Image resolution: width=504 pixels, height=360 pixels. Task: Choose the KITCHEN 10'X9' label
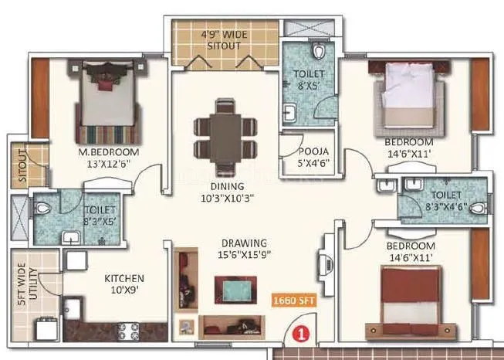pyautogui.click(x=125, y=284)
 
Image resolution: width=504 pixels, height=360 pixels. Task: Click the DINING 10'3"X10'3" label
pyautogui.click(x=225, y=192)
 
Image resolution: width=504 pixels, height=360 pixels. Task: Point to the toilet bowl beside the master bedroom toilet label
pyautogui.click(x=45, y=207)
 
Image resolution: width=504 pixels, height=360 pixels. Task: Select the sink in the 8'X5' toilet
pyautogui.click(x=290, y=115)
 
